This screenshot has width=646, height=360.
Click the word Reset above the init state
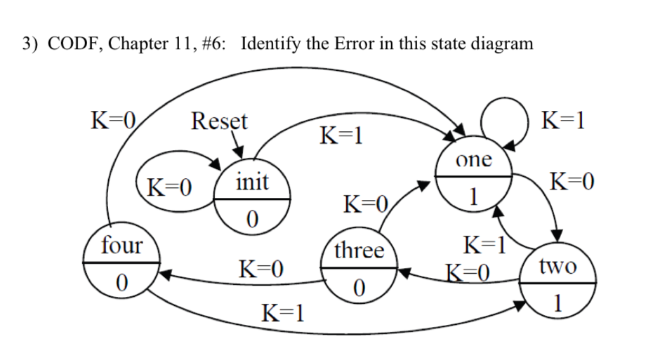click(219, 121)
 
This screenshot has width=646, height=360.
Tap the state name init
click(251, 182)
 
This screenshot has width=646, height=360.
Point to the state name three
click(359, 251)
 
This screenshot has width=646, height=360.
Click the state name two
click(558, 267)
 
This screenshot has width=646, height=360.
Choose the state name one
click(474, 159)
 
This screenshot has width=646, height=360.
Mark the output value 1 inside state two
click(558, 305)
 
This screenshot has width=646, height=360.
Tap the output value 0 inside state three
click(359, 288)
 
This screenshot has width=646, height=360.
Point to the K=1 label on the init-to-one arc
click(341, 133)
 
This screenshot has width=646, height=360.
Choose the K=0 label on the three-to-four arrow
click(261, 269)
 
